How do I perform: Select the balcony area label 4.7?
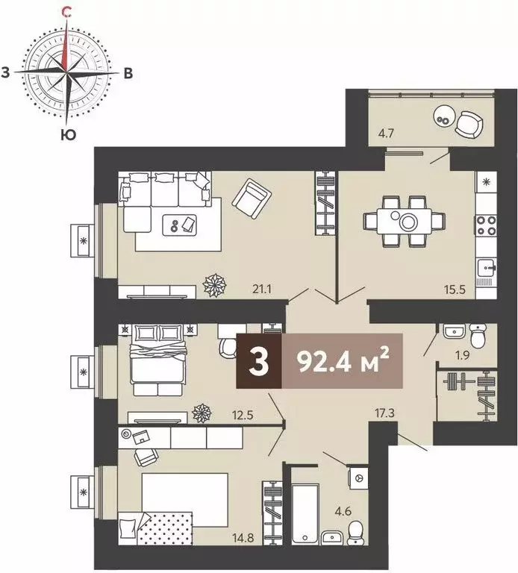click(385, 135)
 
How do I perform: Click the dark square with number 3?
click(259, 363)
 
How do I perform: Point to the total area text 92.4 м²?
click(343, 362)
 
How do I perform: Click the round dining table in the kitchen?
click(407, 221)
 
